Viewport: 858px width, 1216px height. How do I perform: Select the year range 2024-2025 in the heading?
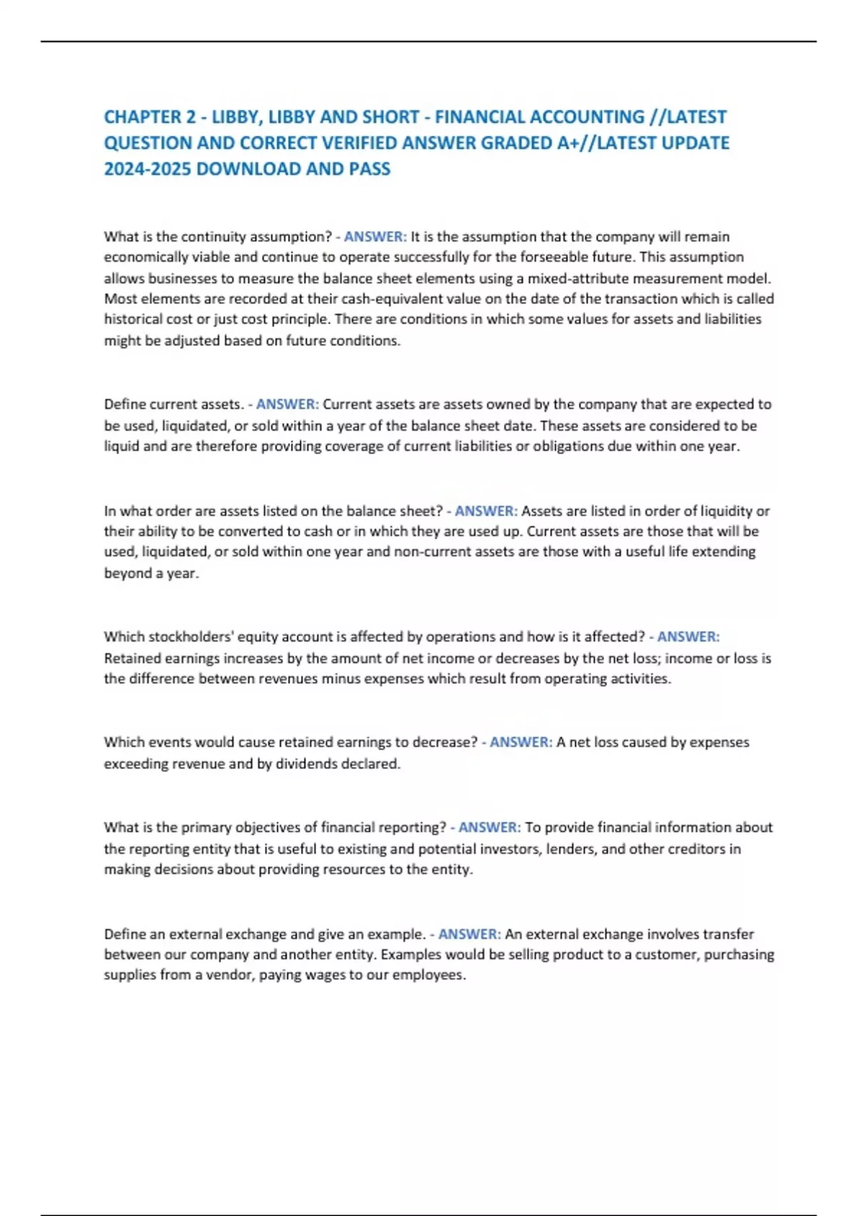tap(147, 169)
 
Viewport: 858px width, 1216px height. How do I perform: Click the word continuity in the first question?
tap(213, 237)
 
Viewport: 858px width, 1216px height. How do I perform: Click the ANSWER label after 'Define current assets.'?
tap(287, 404)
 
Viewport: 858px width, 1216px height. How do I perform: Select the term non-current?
tap(426, 551)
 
